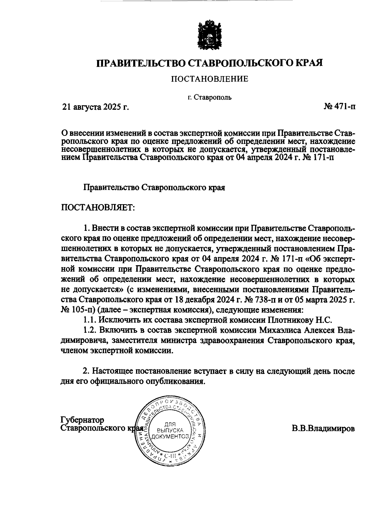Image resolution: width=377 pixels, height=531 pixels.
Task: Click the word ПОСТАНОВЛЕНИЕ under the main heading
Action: point(210,79)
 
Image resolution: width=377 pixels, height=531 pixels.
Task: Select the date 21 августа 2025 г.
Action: point(96,107)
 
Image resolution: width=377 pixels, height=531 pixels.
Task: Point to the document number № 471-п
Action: point(340,107)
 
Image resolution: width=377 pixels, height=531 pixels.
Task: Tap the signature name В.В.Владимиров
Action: point(323,428)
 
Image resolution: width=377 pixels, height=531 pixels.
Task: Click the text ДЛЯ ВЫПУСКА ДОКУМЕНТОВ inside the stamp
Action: point(170,430)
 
